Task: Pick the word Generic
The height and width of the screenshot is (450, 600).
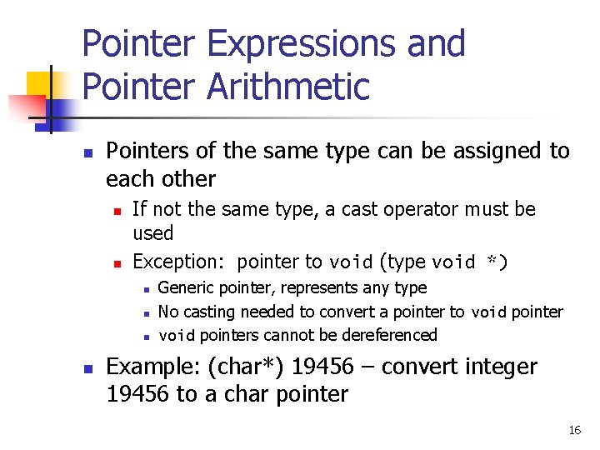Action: click(185, 288)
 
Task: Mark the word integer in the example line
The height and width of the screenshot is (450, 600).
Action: click(499, 367)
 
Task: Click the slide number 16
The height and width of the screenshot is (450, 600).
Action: click(574, 430)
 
